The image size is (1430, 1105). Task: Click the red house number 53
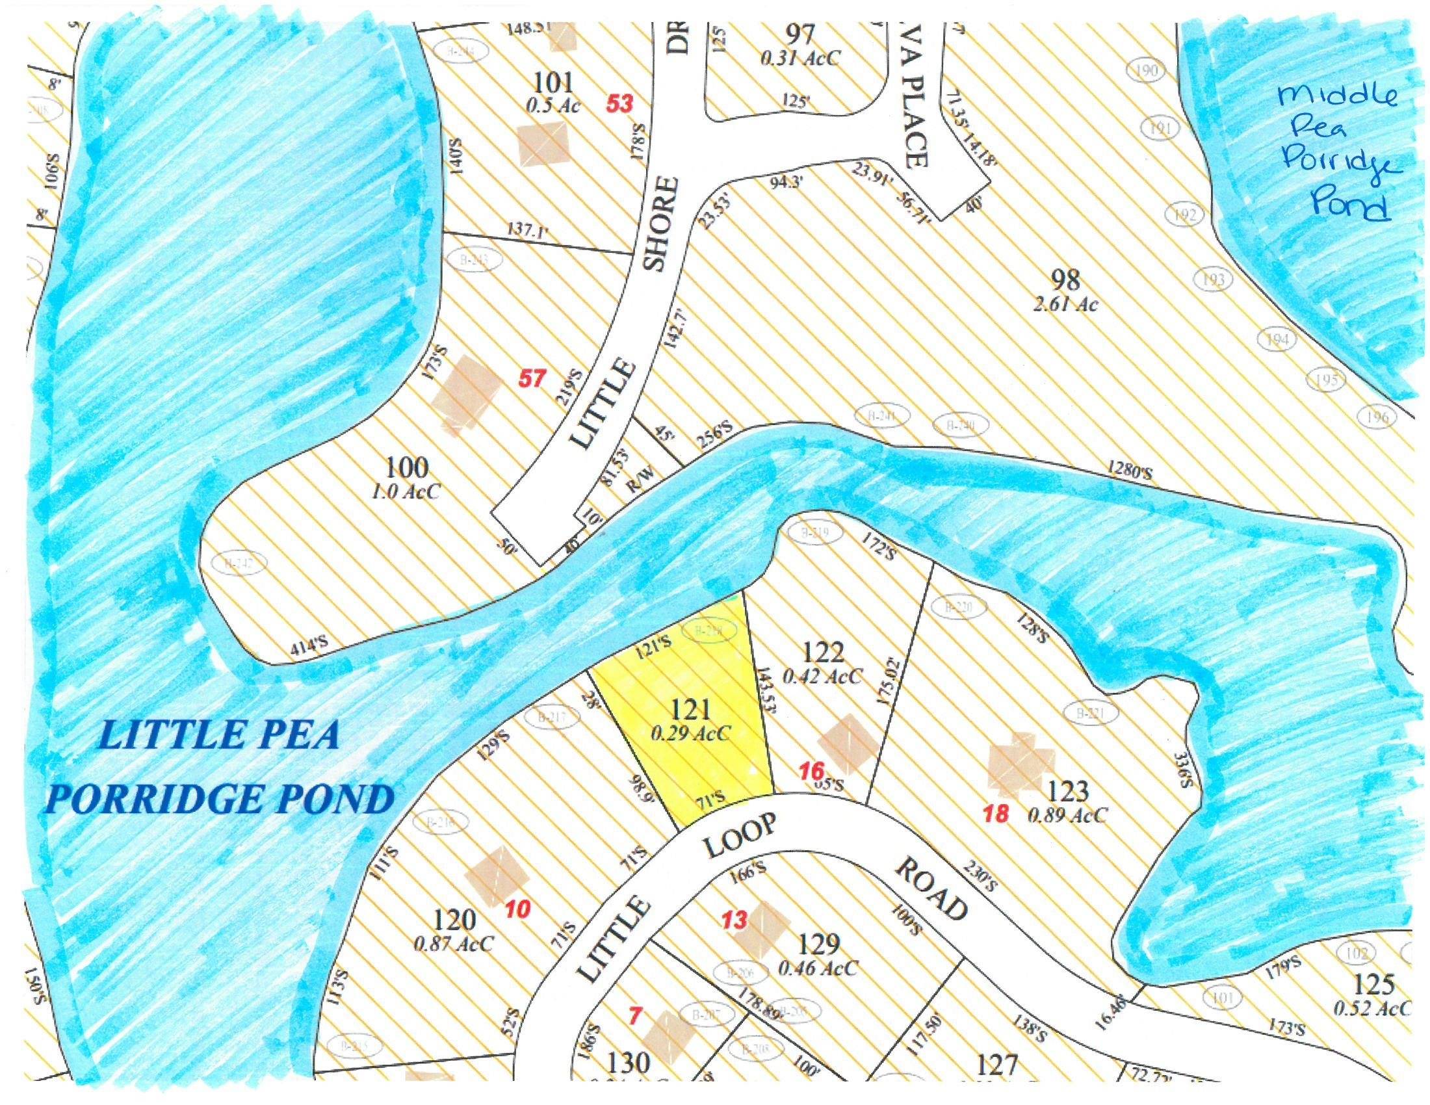click(x=619, y=103)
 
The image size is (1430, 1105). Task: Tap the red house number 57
click(x=532, y=378)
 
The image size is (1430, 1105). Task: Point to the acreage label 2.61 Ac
click(x=1065, y=305)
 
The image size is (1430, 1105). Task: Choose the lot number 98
click(x=1065, y=279)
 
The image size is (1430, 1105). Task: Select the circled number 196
click(x=1377, y=417)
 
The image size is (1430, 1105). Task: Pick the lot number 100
click(x=408, y=468)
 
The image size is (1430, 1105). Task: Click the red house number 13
click(x=733, y=920)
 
